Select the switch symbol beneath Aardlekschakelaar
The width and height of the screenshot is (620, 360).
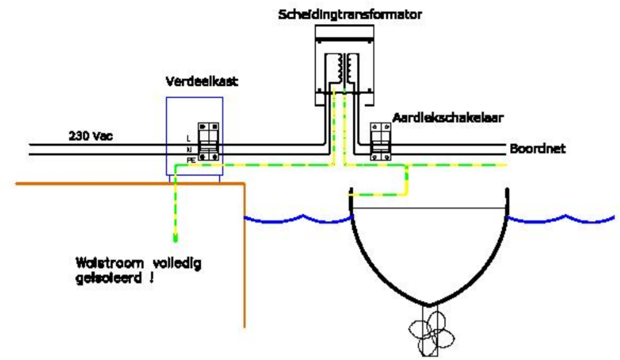[377, 142]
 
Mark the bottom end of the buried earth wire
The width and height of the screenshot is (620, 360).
[175, 237]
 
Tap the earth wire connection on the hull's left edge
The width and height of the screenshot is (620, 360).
[351, 194]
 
